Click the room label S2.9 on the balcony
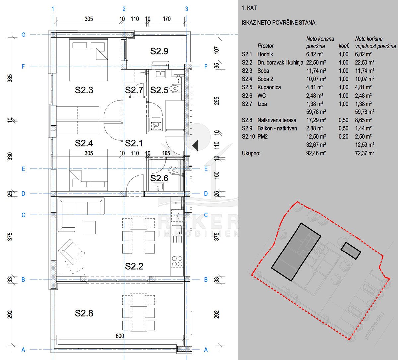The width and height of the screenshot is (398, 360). click(159, 51)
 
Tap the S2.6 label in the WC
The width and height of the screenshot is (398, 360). click(159, 178)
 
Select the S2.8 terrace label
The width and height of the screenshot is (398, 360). click(84, 313)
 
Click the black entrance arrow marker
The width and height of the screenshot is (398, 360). click(195, 146)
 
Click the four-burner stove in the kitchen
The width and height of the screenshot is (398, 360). click(177, 261)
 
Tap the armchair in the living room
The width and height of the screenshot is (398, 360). click(71, 252)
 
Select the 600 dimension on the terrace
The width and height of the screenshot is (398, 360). click(120, 336)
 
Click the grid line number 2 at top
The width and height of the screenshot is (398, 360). click(124, 9)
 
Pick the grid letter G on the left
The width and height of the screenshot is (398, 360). click(23, 35)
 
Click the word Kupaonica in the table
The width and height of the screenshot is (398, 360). click(269, 87)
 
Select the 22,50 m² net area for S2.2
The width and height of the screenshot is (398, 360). click(316, 63)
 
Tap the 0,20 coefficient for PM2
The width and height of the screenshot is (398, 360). click(343, 137)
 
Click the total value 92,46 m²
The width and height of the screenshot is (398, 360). click(316, 153)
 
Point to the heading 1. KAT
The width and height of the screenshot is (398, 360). click(249, 8)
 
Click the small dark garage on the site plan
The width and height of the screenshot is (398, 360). click(351, 251)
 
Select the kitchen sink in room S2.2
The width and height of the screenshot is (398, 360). click(177, 230)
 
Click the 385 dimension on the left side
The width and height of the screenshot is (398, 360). click(10, 78)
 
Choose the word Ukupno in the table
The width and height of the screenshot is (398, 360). click(251, 153)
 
